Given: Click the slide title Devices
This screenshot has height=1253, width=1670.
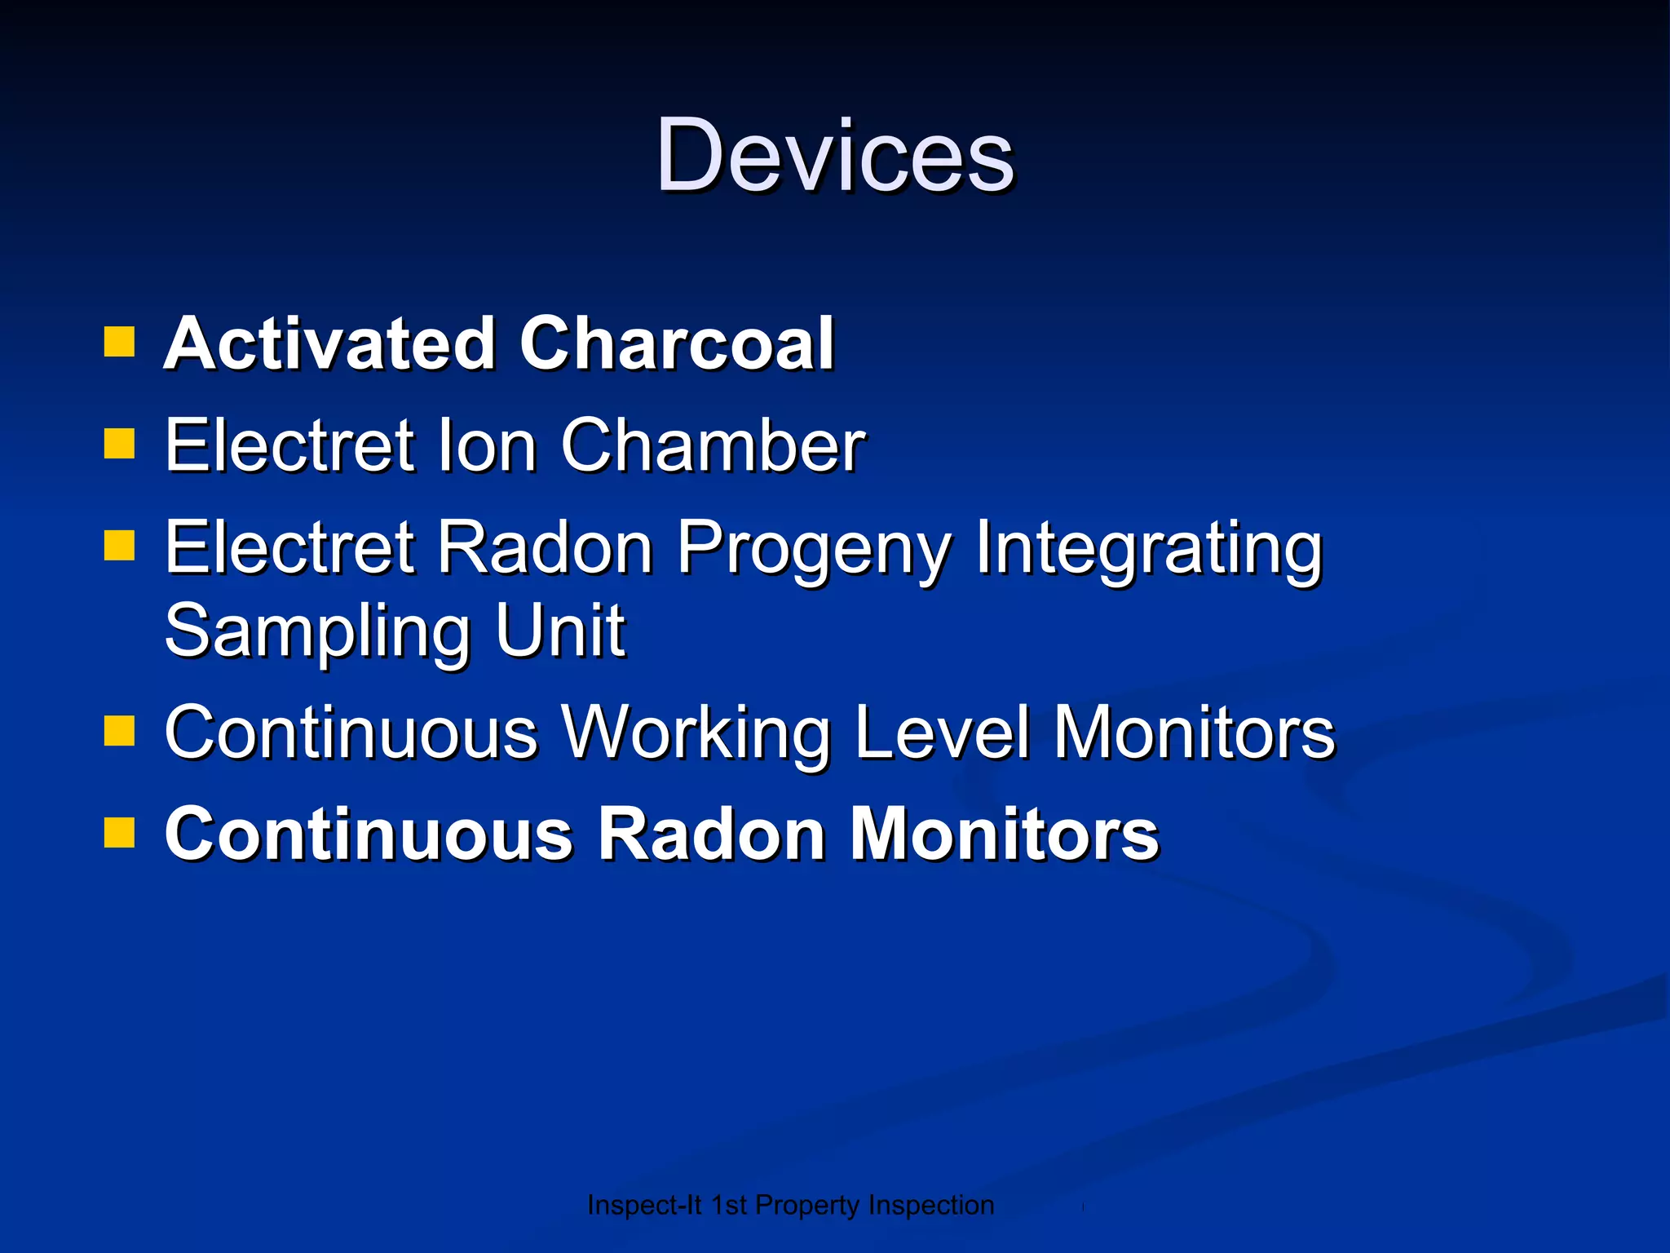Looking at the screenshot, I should pos(835,155).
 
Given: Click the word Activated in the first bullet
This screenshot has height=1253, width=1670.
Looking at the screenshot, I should pos(329,343).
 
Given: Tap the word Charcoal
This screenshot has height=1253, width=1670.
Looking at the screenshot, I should pos(677,343).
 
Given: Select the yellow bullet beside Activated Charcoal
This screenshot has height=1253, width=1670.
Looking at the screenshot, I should pos(119,343).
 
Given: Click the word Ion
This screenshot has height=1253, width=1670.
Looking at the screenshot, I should pos(487,445).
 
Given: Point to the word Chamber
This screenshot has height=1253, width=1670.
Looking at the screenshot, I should pos(712,445).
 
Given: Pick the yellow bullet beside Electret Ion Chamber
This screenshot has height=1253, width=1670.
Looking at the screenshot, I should pos(119,445).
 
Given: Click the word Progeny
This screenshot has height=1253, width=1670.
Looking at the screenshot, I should pos(814,548).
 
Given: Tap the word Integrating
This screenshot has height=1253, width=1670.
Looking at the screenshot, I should pos(1148,548).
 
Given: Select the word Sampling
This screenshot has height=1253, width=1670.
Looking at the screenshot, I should pos(318,632).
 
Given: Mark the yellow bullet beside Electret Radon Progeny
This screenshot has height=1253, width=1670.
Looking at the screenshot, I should pos(119,547).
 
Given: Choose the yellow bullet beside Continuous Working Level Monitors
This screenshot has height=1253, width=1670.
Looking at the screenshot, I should pos(119,731).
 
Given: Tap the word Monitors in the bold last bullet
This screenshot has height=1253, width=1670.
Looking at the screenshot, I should pos(1004,834).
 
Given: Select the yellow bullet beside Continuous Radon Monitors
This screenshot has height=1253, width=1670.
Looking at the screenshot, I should pos(119,833).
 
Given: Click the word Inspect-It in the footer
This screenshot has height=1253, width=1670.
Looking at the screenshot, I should pos(643,1205).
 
